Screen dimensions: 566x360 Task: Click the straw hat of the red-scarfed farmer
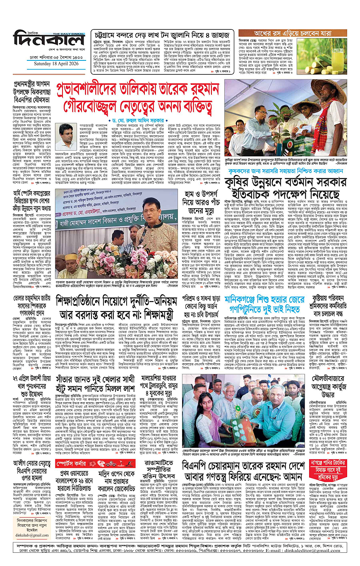(323, 88)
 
